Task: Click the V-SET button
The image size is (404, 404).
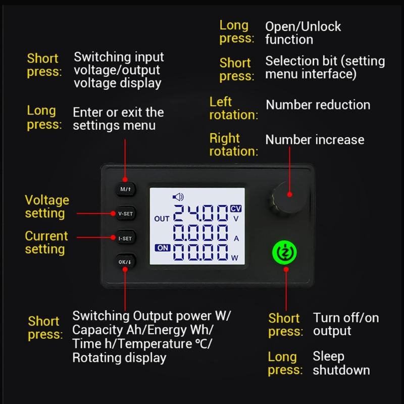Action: (x=125, y=214)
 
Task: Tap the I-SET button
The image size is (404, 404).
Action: (x=125, y=237)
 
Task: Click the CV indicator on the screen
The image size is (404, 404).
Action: (x=236, y=208)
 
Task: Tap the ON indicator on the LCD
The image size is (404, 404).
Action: (x=163, y=248)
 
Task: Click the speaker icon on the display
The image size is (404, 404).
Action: (x=178, y=197)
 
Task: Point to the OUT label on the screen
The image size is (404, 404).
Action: (x=162, y=219)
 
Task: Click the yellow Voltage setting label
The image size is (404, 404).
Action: (x=47, y=207)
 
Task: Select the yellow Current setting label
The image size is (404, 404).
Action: (x=46, y=242)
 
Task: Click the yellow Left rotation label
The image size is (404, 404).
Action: (x=233, y=108)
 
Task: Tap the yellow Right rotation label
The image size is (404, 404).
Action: (x=233, y=144)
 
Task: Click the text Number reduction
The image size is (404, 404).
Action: (x=318, y=105)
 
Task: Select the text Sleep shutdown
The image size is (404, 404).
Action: (x=341, y=363)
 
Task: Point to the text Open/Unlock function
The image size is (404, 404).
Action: (x=303, y=33)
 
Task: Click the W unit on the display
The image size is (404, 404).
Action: (x=234, y=258)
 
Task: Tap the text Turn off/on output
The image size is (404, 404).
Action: (x=345, y=324)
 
